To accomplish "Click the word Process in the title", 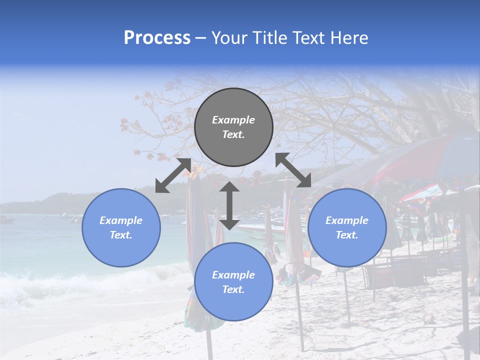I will [x=157, y=38].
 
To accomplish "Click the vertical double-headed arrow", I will [x=229, y=205].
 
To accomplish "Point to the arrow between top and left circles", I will [x=173, y=175].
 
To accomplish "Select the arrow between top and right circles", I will [x=293, y=170].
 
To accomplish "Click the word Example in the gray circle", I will [x=233, y=120].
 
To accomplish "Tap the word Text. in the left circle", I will [x=121, y=235].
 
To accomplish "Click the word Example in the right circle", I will [x=347, y=220].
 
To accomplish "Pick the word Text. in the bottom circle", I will [x=233, y=289].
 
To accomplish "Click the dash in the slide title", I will [x=200, y=38].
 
